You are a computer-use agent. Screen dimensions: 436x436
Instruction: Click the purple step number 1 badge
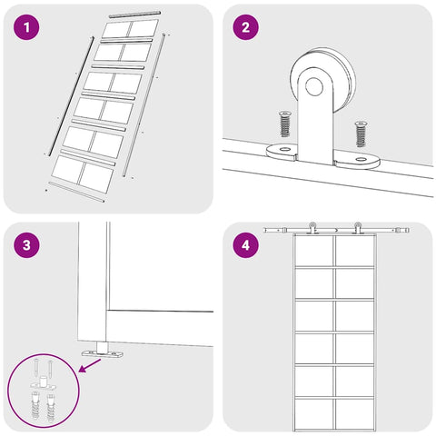(x=26, y=27)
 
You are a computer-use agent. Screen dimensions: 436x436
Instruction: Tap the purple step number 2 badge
(x=245, y=27)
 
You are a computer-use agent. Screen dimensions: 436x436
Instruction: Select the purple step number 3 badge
(x=26, y=244)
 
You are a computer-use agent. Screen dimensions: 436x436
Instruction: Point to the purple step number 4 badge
(x=245, y=244)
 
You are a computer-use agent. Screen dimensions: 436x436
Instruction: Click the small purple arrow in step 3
(x=90, y=365)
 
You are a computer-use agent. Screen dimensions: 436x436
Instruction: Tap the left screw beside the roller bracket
(x=284, y=124)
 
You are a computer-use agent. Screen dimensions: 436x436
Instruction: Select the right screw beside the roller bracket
(x=361, y=134)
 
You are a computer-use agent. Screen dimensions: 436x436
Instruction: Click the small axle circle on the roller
(x=314, y=86)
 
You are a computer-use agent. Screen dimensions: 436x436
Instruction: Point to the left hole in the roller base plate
(x=284, y=149)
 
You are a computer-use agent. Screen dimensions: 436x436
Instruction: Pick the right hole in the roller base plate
(x=361, y=159)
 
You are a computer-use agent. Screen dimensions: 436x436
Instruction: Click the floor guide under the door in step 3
(x=103, y=352)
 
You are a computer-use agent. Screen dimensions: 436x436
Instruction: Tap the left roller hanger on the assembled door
(x=312, y=228)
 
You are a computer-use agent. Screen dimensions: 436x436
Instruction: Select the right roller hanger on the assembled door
(x=358, y=228)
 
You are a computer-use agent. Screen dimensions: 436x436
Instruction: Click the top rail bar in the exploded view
(x=134, y=15)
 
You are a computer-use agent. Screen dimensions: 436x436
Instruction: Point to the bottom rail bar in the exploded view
(x=76, y=192)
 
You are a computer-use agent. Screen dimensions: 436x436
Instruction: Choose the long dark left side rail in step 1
(x=72, y=96)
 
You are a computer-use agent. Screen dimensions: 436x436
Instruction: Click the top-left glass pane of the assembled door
(x=314, y=251)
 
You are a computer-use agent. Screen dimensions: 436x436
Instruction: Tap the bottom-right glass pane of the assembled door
(x=354, y=413)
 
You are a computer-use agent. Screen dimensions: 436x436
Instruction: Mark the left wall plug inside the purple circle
(x=35, y=405)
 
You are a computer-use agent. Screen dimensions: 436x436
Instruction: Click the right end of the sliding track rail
(x=409, y=230)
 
